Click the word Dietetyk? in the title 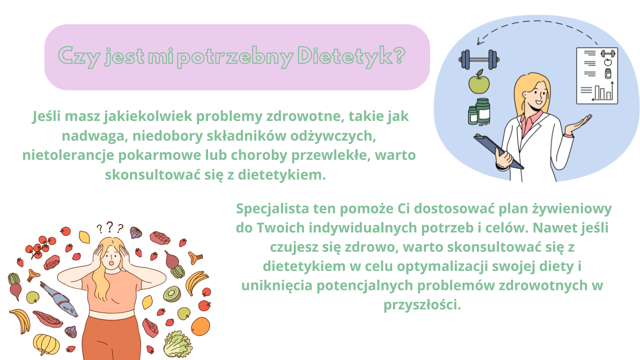tap(351, 56)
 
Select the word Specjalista tap(273, 209)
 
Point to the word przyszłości tap(422, 305)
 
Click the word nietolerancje tap(68, 156)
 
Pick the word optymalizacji tap(442, 267)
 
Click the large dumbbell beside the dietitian tap(479, 60)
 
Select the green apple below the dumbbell tap(479, 82)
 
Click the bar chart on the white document tap(603, 92)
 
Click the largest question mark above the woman tap(110, 227)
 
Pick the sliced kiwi tap(172, 294)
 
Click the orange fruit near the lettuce tap(200, 326)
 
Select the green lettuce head tap(178, 345)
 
